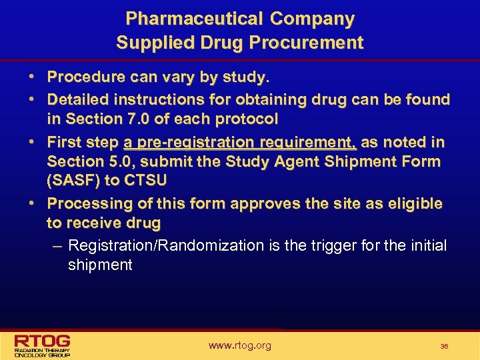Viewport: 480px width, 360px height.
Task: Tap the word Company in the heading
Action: pyautogui.click(x=311, y=19)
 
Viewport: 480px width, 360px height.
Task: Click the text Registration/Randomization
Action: pyautogui.click(x=166, y=245)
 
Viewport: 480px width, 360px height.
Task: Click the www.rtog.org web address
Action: pyautogui.click(x=239, y=345)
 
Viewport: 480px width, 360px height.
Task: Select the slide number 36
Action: pyautogui.click(x=444, y=347)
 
